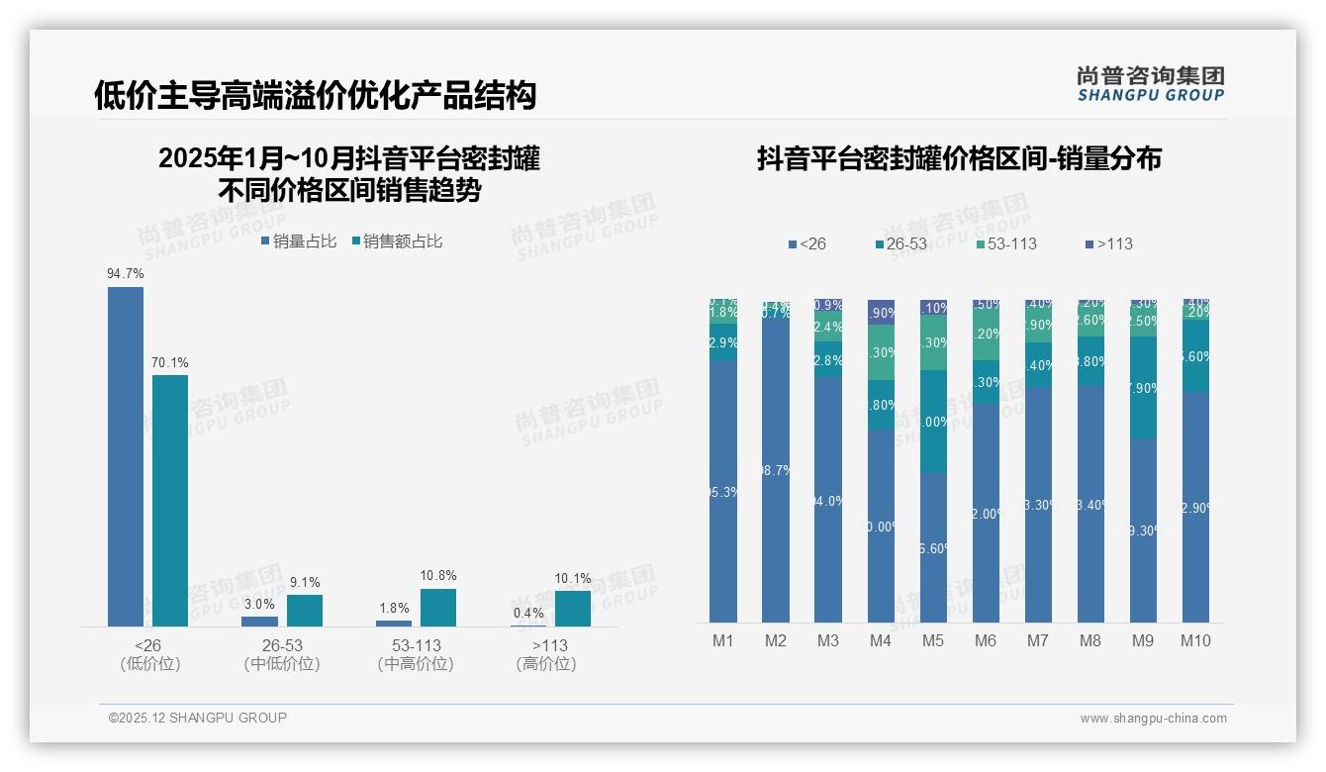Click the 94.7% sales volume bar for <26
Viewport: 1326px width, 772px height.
point(126,456)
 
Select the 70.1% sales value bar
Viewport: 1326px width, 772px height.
point(170,500)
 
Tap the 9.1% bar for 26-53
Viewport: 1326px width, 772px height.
point(305,610)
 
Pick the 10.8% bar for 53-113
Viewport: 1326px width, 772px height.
point(438,607)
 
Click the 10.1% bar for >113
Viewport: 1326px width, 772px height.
point(572,608)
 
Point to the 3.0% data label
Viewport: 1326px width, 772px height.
point(259,604)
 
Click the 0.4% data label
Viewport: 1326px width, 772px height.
point(528,613)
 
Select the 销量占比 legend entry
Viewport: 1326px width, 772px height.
point(299,241)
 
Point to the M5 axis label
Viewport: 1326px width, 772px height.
point(933,640)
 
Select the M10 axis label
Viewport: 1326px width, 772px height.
point(1195,640)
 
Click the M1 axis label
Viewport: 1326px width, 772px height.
point(723,640)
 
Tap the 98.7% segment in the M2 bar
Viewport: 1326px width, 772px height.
point(776,470)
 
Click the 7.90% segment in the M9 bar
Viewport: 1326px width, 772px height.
point(1143,387)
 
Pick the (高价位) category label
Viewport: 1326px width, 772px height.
point(545,664)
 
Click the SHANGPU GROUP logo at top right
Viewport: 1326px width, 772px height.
point(1150,84)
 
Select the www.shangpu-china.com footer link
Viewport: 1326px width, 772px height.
point(1153,719)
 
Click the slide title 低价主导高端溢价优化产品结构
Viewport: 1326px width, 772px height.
point(315,95)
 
